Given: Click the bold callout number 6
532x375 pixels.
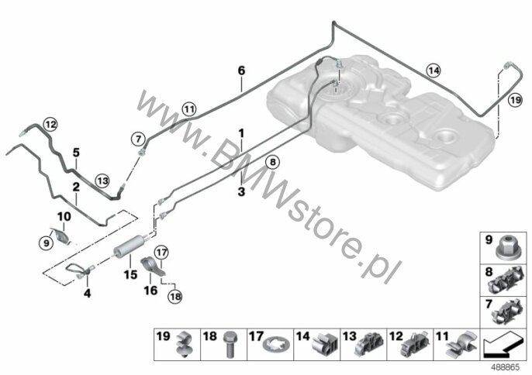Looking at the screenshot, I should click(x=241, y=71).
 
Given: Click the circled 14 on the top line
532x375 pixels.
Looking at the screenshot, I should click(x=433, y=71).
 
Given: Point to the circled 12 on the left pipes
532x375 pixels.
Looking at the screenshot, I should click(x=50, y=123).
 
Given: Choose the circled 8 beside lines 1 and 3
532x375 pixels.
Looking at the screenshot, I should click(x=271, y=162).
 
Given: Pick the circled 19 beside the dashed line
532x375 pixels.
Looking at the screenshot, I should click(x=515, y=100).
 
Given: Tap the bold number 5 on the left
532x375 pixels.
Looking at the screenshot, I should click(x=77, y=152).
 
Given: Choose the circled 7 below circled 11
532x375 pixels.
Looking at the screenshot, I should click(x=138, y=139).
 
